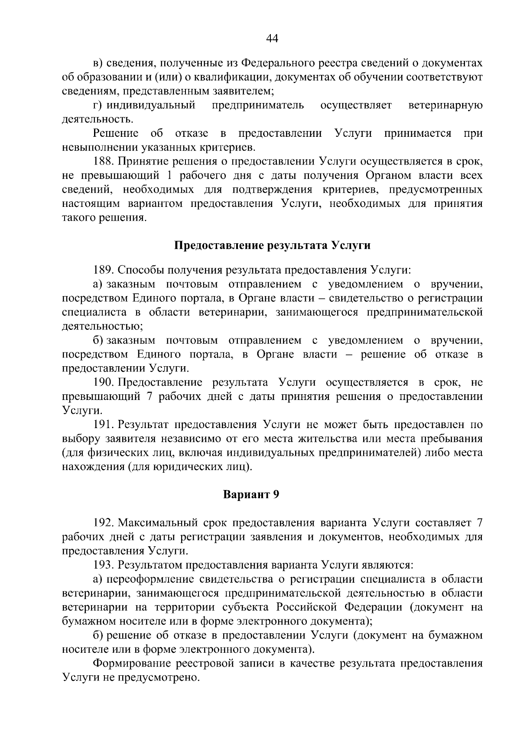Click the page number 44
[272, 39]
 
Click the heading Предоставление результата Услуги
[272, 246]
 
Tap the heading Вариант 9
[251, 495]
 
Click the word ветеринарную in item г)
[445, 106]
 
